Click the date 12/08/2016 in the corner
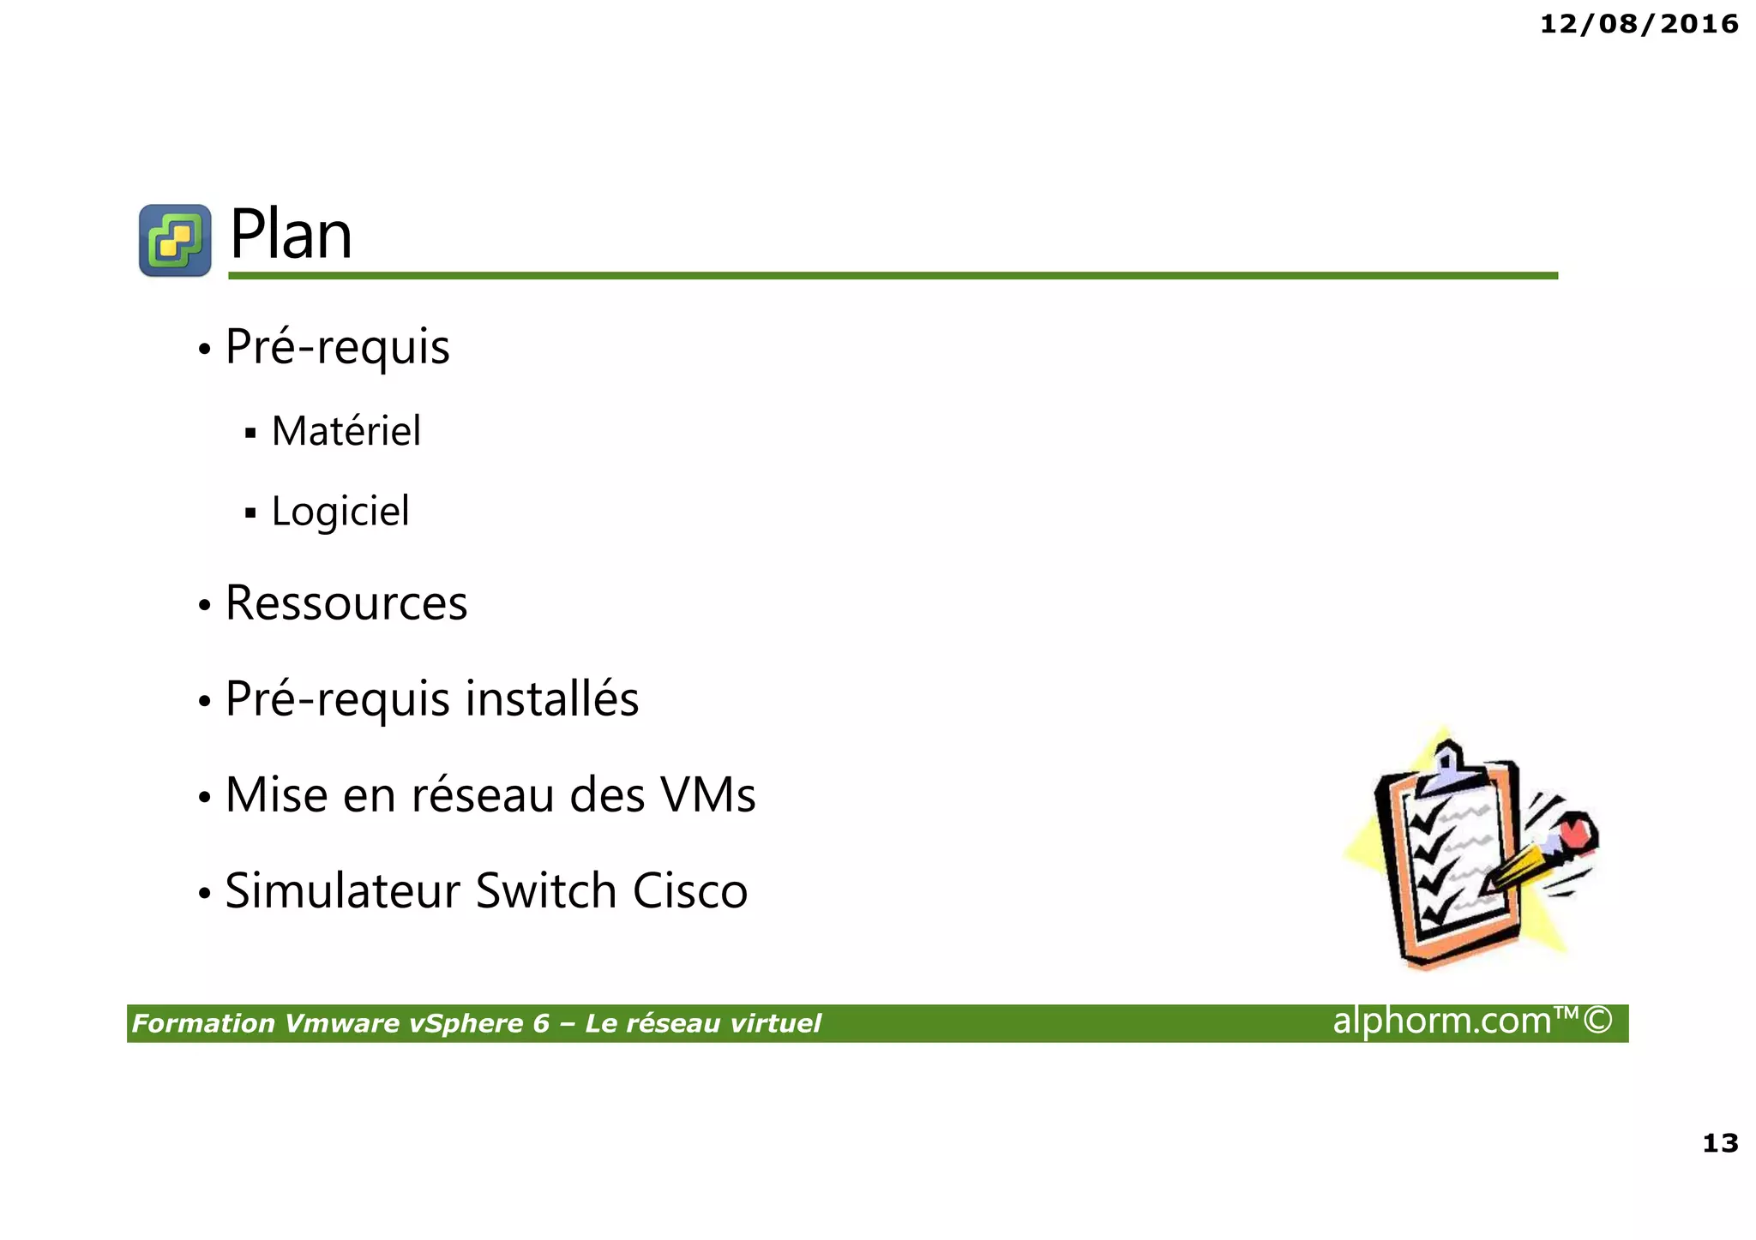1639,24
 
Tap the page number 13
1719,1142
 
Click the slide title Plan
291,235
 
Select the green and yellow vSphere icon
175,240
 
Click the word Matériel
346,431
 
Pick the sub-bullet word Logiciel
340,512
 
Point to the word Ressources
346,603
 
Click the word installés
552,698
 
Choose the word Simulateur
343,890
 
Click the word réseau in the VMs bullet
483,794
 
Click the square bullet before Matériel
250,433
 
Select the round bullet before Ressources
204,606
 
